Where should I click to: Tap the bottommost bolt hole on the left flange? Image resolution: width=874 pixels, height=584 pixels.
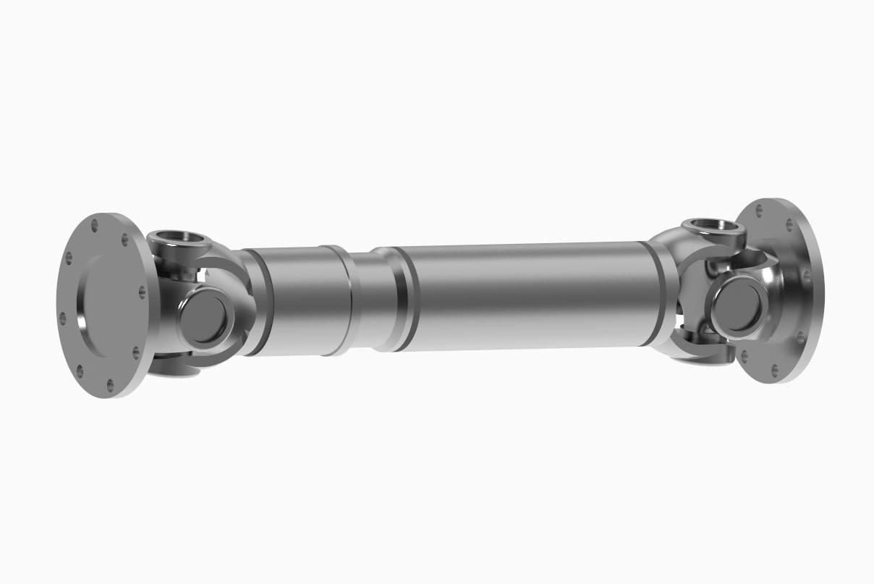point(110,385)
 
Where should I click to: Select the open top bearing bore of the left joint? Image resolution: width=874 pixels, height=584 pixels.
point(175,237)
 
